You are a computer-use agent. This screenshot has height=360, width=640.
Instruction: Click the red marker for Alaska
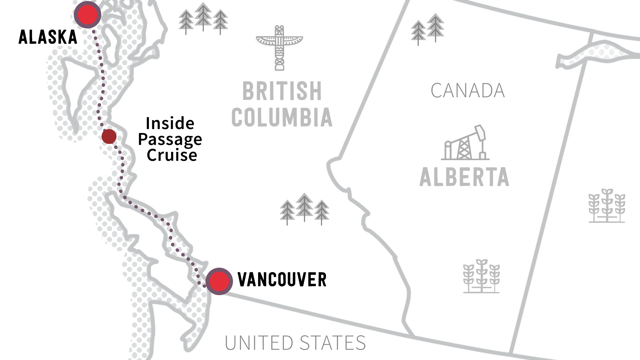(x=87, y=15)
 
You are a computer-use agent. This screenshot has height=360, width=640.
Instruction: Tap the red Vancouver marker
(x=219, y=281)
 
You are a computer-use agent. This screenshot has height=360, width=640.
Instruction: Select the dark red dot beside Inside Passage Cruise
(x=109, y=136)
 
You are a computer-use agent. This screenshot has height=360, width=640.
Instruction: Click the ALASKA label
(x=48, y=37)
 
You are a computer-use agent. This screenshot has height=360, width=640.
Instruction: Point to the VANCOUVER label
(x=282, y=280)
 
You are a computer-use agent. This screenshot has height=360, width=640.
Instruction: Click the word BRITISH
(x=282, y=91)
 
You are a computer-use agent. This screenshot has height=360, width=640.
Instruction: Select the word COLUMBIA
(x=282, y=117)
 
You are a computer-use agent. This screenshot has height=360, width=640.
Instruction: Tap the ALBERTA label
(x=464, y=177)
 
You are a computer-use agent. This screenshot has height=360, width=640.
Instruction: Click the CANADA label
(x=468, y=90)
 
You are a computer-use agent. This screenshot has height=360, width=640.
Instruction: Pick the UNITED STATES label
(x=295, y=343)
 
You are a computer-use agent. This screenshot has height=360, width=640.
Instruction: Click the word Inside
(x=170, y=123)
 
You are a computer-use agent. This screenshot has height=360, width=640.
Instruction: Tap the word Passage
(x=170, y=139)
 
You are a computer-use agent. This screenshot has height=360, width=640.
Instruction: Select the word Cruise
(x=172, y=155)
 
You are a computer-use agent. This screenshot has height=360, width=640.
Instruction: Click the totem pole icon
(x=279, y=48)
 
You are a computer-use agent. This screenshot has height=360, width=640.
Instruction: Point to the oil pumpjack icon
(x=465, y=143)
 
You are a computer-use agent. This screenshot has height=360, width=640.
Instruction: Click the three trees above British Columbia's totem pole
(x=203, y=19)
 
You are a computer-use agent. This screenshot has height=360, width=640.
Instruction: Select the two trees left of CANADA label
(x=427, y=29)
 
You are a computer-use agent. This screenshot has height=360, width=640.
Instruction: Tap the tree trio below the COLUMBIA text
(x=304, y=209)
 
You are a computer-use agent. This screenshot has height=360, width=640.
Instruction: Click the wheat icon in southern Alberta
(x=481, y=276)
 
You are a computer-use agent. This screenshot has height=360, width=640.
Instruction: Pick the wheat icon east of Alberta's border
(x=607, y=206)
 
